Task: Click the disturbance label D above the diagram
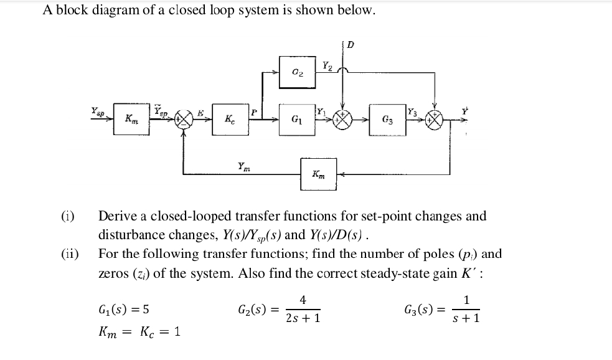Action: pos(351,44)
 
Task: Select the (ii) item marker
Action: pos(69,254)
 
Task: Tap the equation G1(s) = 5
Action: pos(123,309)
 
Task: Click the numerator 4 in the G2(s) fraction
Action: pos(303,300)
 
